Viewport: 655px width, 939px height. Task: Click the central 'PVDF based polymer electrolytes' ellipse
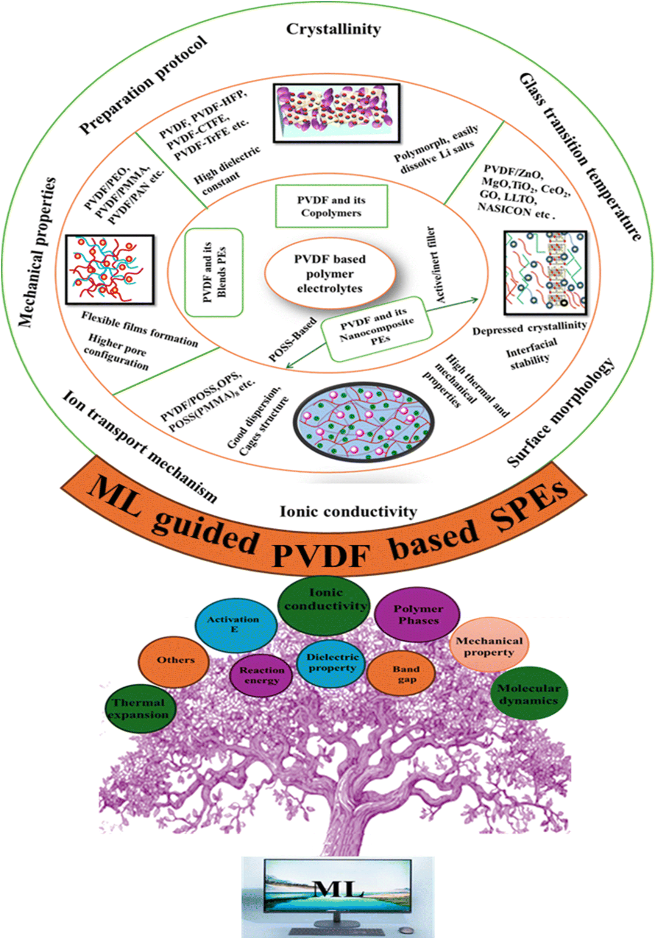(x=330, y=274)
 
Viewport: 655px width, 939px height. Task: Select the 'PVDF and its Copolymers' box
(x=331, y=206)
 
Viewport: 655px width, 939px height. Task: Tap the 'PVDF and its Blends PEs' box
(x=214, y=273)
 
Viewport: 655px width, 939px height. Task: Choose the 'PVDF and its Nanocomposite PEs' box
(x=376, y=329)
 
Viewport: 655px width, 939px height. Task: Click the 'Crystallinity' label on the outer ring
(x=334, y=29)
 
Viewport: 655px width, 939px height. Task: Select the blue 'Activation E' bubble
(x=234, y=624)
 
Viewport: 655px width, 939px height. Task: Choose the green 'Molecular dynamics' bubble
(x=529, y=693)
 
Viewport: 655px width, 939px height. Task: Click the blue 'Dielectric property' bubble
(x=332, y=663)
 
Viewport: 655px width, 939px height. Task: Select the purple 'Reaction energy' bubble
(x=261, y=675)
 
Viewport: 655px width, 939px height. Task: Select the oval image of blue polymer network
(x=363, y=421)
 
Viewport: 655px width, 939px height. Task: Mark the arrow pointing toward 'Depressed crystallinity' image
(x=452, y=305)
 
